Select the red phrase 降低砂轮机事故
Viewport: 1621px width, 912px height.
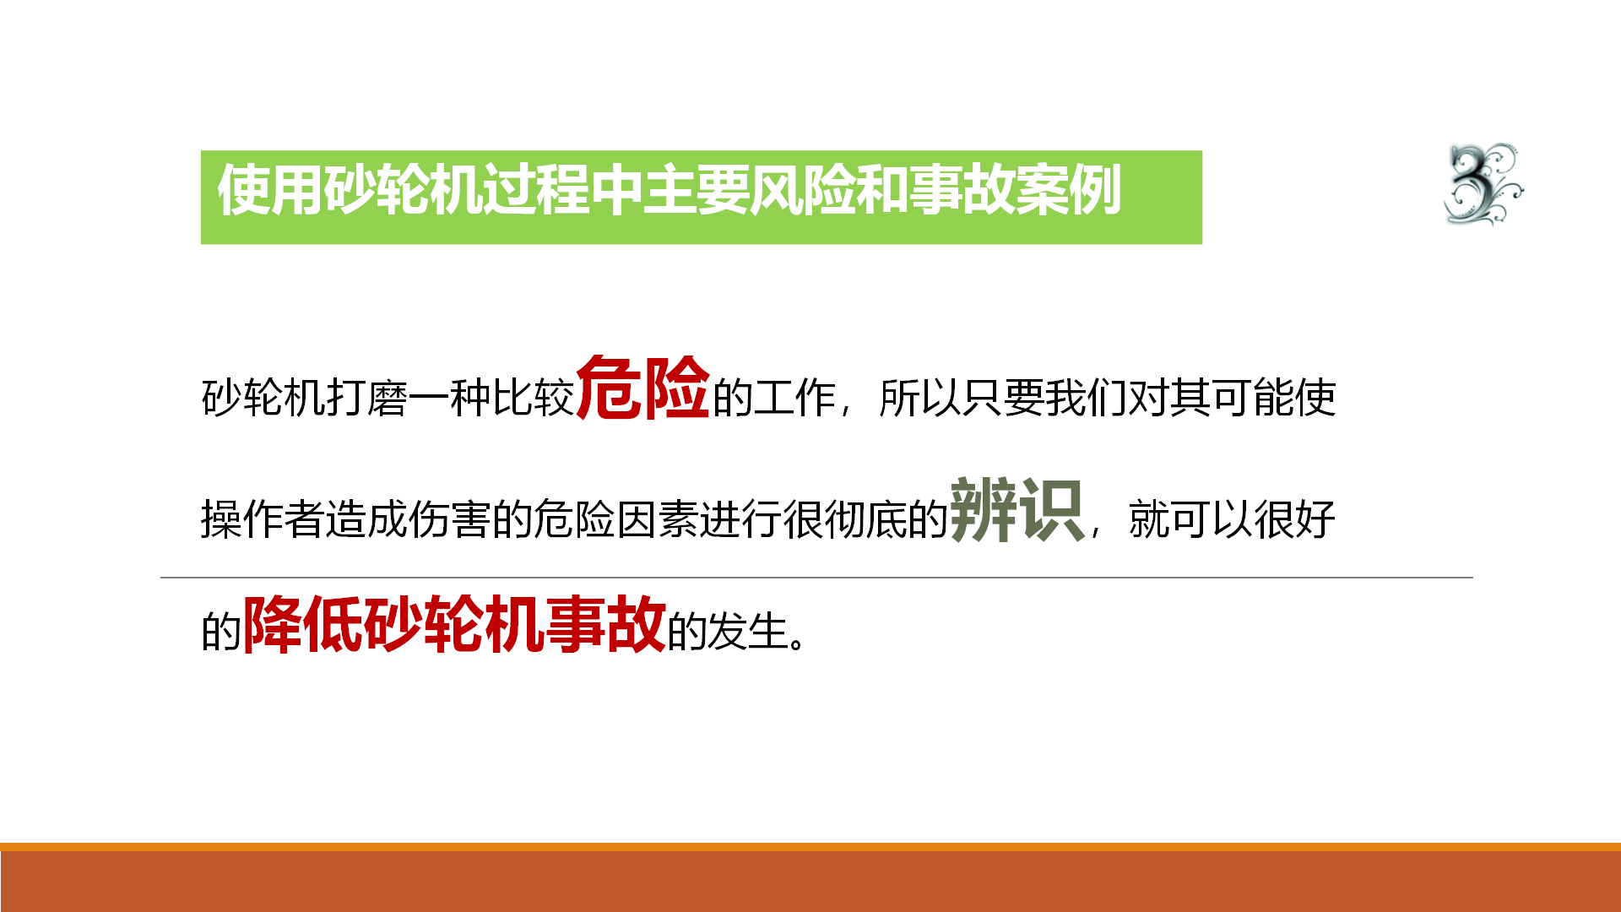[x=454, y=624]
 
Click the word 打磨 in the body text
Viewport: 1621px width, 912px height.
[x=367, y=398]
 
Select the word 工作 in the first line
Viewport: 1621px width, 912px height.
[x=794, y=398]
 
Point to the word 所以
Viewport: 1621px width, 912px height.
[x=919, y=398]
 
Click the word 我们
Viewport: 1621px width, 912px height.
[x=1086, y=398]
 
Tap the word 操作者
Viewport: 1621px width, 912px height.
[x=263, y=518]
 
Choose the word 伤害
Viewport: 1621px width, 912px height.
[x=450, y=518]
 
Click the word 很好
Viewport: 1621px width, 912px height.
[x=1294, y=518]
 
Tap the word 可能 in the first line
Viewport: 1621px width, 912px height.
[x=1253, y=398]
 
